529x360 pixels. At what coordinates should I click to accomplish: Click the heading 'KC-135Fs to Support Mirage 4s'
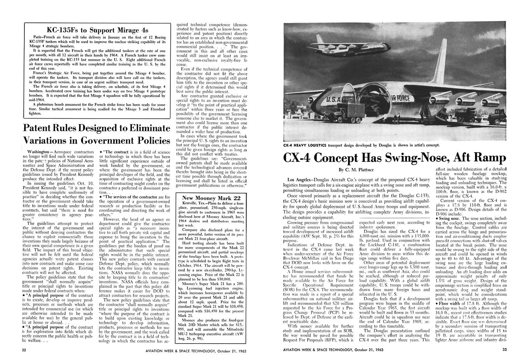tap(97, 30)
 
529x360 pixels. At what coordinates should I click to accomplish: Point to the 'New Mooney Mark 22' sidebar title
tap(214, 198)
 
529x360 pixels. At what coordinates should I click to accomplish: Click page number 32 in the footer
tap(25, 350)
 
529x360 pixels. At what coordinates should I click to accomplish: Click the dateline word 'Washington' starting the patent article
tap(38, 151)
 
